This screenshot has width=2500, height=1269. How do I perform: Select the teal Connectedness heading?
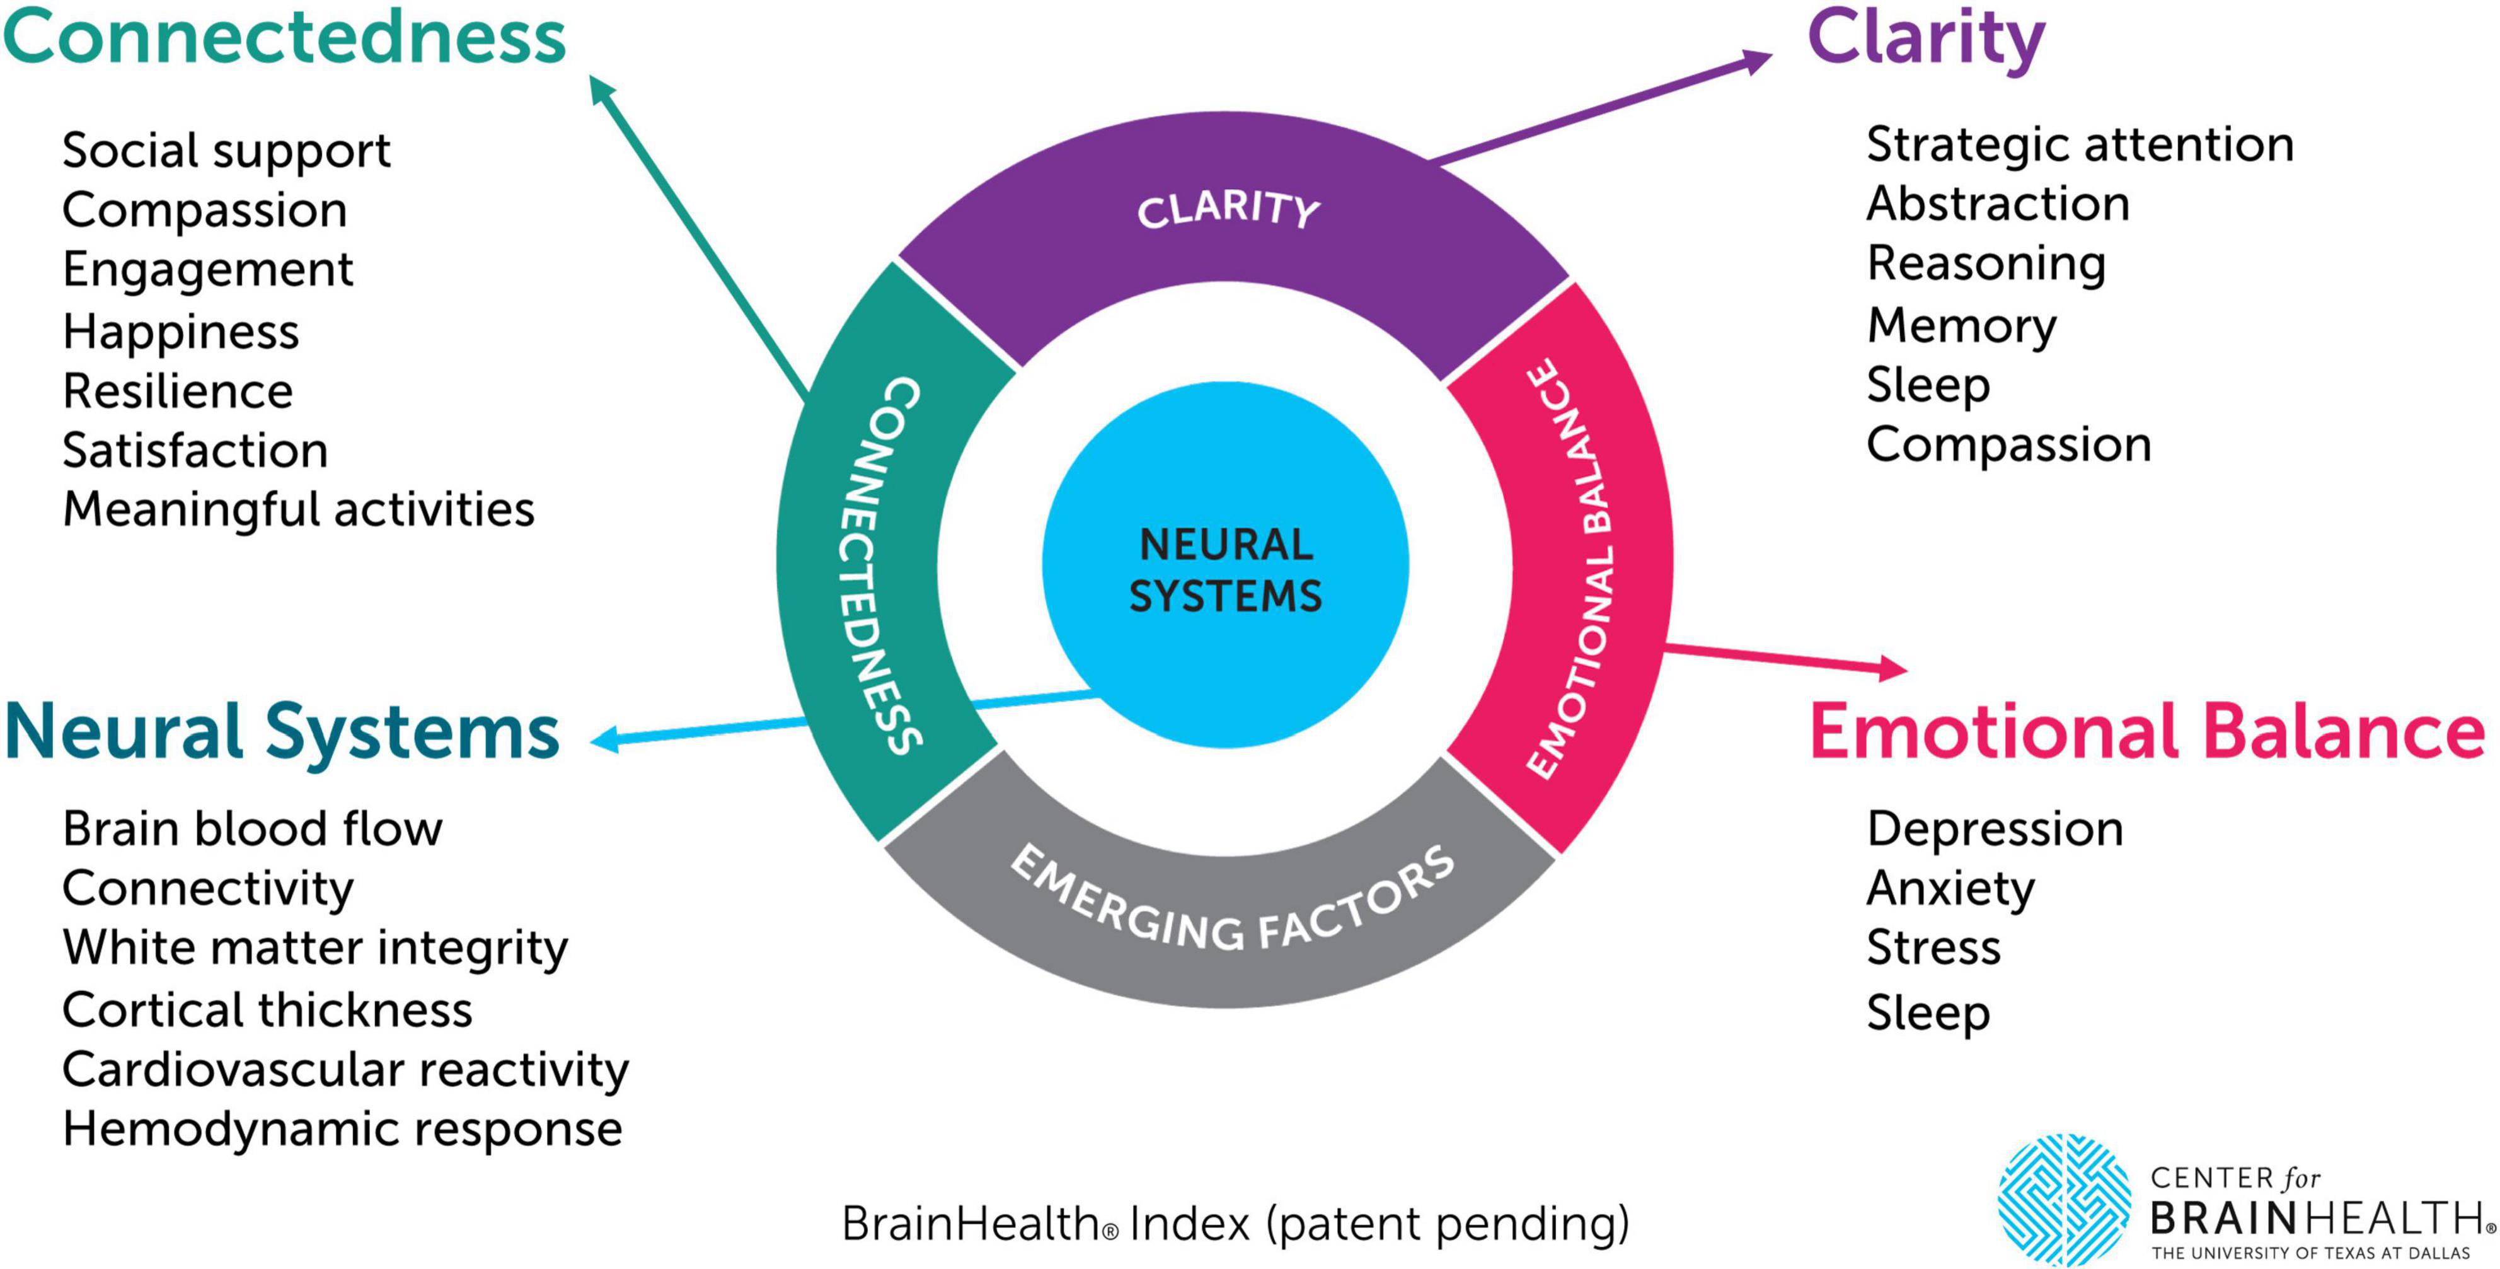[x=284, y=37]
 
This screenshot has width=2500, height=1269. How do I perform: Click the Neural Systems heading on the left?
[x=282, y=733]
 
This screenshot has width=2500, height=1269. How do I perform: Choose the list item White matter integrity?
[x=314, y=949]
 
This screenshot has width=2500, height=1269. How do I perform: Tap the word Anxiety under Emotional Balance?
[x=1950, y=888]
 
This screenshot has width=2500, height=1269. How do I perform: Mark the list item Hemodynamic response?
[x=342, y=1129]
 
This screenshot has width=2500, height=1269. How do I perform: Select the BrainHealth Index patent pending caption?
[x=1235, y=1224]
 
